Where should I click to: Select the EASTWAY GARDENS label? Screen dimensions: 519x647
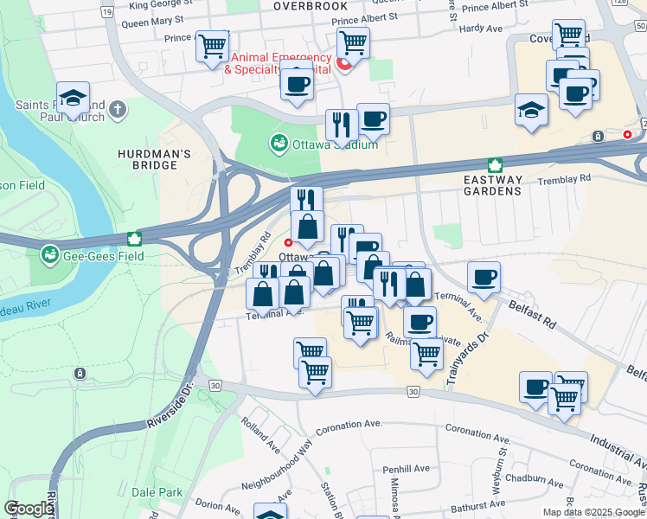click(x=495, y=188)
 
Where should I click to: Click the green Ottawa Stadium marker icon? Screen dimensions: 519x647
click(x=279, y=143)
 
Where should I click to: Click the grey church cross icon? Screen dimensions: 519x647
click(x=118, y=110)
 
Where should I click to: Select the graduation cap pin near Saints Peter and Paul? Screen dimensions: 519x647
click(x=74, y=98)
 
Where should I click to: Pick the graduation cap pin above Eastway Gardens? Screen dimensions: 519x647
click(x=531, y=110)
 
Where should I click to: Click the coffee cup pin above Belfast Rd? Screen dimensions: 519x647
click(x=484, y=278)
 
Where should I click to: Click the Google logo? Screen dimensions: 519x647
click(x=29, y=509)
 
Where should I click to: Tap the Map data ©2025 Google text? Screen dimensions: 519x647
click(x=593, y=512)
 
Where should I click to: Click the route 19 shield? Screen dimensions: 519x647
click(x=106, y=12)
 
